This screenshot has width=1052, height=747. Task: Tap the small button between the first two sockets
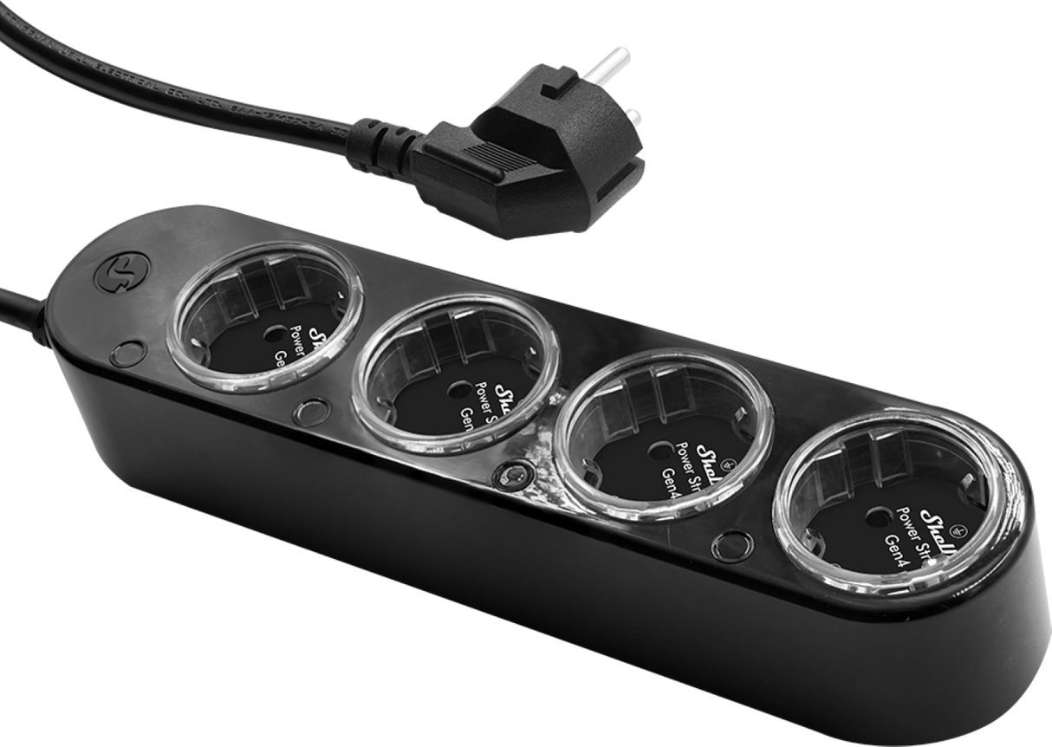point(310,410)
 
